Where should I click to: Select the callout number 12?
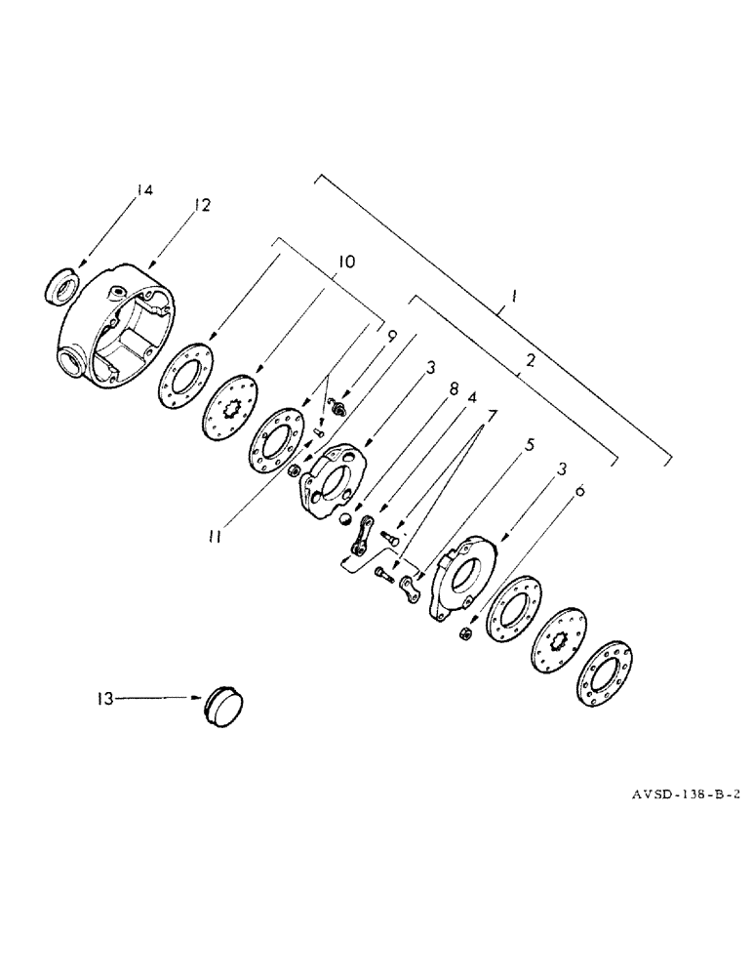coord(201,205)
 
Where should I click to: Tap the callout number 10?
coord(346,262)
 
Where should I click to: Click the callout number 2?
coord(530,360)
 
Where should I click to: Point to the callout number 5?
coord(530,444)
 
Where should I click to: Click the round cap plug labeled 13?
coord(226,704)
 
